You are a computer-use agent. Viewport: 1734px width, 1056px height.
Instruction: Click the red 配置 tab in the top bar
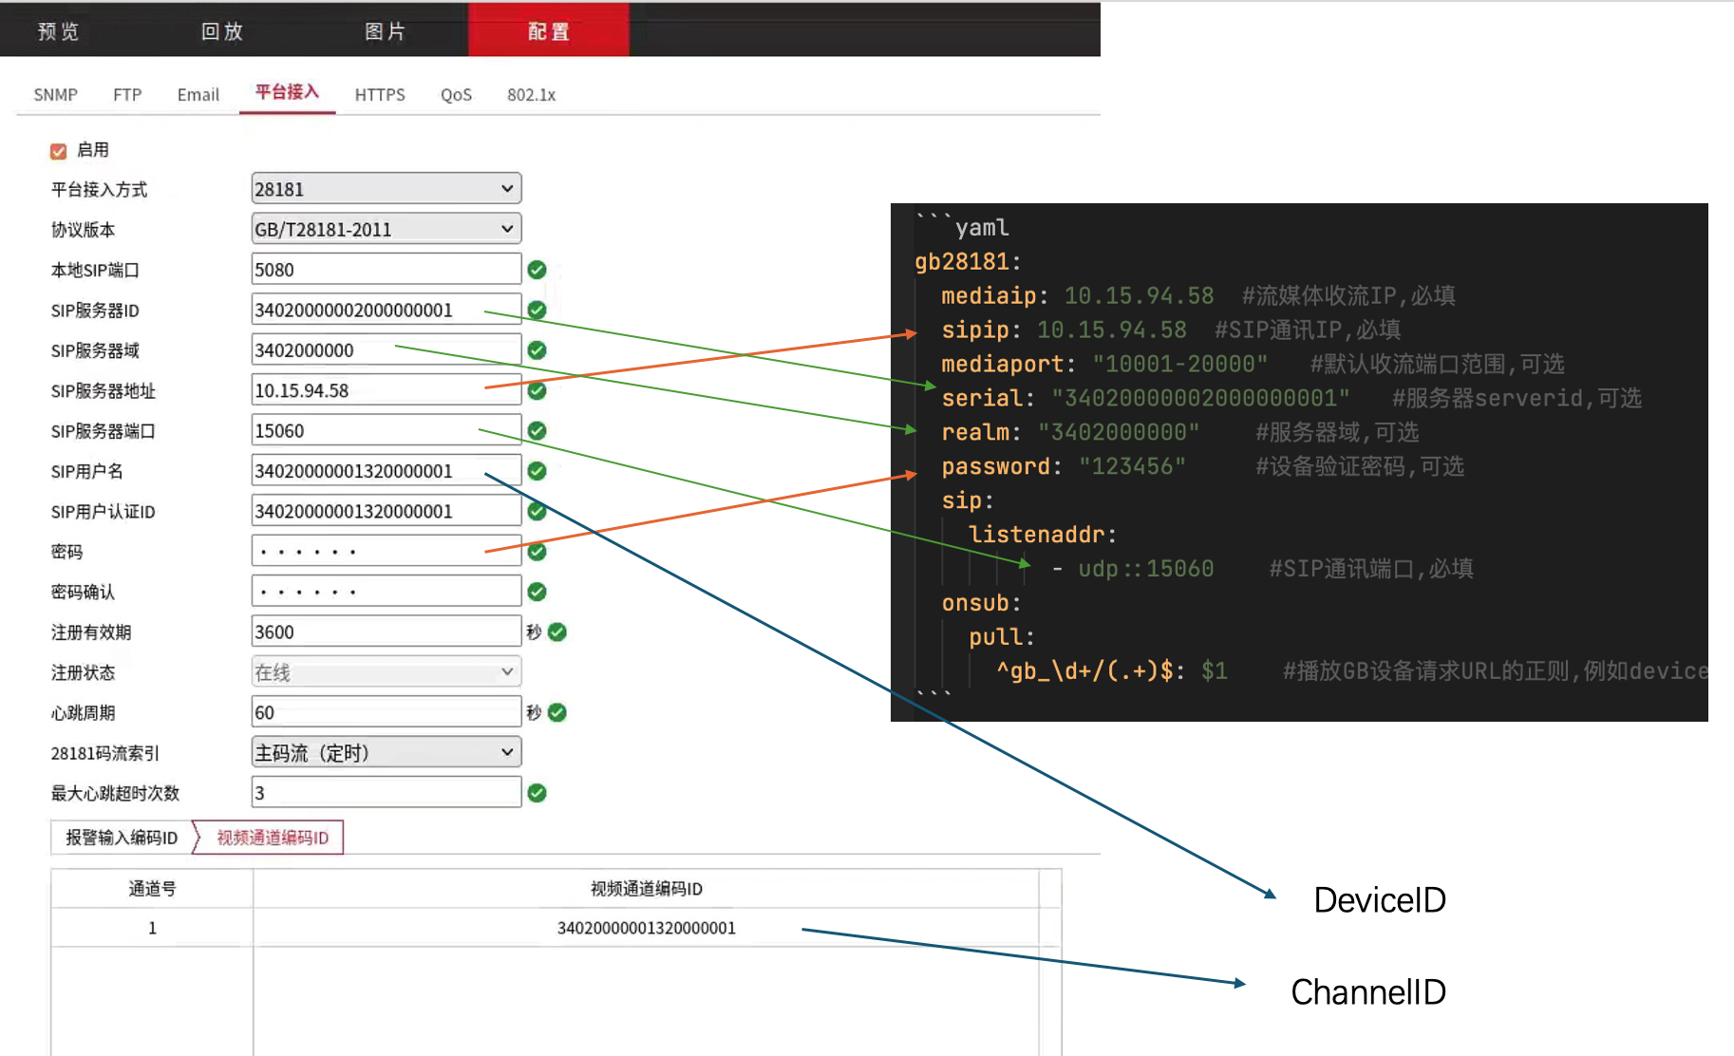pos(548,31)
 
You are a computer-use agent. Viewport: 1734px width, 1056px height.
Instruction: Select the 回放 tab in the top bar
pos(222,31)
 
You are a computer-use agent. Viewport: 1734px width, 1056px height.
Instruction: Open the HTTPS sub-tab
pos(380,95)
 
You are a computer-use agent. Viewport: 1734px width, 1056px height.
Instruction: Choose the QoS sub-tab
pos(456,95)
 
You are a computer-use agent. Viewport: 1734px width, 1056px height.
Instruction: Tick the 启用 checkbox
pos(59,151)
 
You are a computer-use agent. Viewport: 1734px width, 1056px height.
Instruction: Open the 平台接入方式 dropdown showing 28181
pos(386,189)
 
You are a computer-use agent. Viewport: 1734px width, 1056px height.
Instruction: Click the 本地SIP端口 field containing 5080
pos(386,270)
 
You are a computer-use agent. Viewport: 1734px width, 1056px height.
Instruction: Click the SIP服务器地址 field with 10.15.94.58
pos(386,390)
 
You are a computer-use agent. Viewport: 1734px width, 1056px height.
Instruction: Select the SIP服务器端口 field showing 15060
pos(386,431)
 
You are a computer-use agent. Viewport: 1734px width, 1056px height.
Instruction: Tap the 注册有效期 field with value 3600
pos(386,632)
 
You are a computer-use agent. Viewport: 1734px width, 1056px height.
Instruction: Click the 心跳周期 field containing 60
pos(386,712)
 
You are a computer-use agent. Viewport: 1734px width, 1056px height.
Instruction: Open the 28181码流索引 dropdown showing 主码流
pos(386,753)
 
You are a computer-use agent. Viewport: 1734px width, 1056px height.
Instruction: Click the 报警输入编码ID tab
pos(122,838)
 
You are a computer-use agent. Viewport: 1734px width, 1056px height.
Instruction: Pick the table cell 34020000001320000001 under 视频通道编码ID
pos(646,928)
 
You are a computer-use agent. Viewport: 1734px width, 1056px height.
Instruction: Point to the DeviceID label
pos(1379,900)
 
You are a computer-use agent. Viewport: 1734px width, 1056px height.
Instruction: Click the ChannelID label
pos(1367,992)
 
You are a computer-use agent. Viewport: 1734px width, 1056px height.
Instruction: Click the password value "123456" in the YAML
pos(1132,466)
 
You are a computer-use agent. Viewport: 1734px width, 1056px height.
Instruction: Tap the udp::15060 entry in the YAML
pos(1145,569)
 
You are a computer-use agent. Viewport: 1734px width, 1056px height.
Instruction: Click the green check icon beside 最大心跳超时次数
pos(537,793)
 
